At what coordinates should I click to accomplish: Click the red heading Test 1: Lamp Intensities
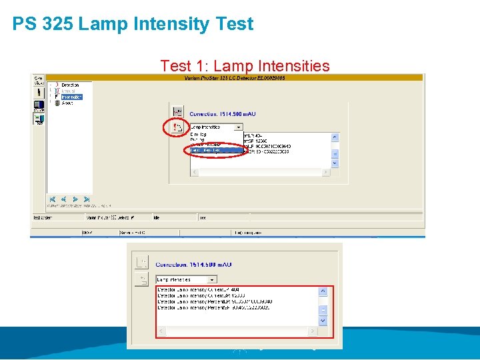[x=245, y=66]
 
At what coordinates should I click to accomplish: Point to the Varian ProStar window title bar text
[x=234, y=78]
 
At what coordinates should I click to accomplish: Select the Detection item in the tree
[x=70, y=85]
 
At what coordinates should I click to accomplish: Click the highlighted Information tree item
[x=71, y=97]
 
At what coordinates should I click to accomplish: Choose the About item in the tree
[x=67, y=103]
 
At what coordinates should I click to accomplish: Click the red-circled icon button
[x=177, y=127]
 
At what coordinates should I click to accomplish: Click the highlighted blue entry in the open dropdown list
[x=216, y=150]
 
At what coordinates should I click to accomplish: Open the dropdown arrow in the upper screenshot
[x=239, y=127]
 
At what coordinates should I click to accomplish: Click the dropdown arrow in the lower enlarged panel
[x=212, y=279]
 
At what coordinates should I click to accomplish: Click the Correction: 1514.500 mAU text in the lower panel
[x=194, y=265]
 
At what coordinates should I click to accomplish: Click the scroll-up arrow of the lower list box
[x=323, y=291]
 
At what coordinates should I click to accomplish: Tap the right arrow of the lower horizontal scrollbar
[x=313, y=331]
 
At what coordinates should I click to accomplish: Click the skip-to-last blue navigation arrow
[x=86, y=199]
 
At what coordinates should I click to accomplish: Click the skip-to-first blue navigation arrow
[x=52, y=199]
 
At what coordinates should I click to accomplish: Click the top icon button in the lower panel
[x=141, y=262]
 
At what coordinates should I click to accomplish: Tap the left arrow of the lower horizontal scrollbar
[x=161, y=331]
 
